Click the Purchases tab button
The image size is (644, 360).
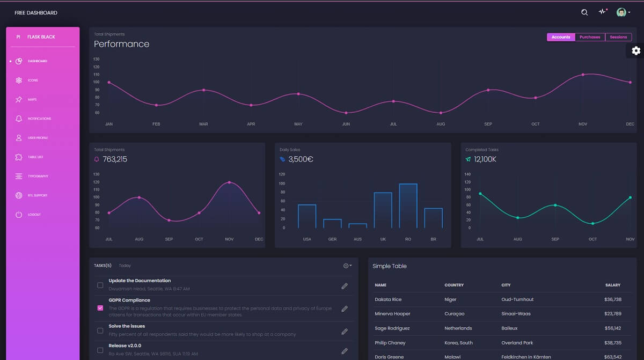(590, 37)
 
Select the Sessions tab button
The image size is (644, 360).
(618, 37)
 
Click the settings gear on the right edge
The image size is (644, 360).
(636, 50)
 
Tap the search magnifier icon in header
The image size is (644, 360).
(584, 12)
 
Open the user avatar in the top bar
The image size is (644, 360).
(621, 12)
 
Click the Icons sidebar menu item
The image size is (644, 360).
(33, 80)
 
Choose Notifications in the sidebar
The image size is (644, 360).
(39, 119)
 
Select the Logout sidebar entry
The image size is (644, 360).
(34, 215)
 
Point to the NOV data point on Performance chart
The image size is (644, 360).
(583, 75)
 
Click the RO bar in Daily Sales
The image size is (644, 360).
(408, 206)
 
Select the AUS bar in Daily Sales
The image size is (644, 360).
(357, 226)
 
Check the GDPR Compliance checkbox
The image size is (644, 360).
(100, 308)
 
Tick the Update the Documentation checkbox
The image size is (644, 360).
(100, 285)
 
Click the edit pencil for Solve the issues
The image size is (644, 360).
(345, 332)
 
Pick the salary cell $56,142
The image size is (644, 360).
(612, 328)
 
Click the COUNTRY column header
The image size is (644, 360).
(454, 285)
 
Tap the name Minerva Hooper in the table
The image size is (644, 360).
(392, 314)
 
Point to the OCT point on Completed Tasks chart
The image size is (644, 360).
(592, 223)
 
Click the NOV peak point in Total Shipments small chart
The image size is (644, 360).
(229, 182)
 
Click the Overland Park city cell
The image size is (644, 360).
(517, 342)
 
